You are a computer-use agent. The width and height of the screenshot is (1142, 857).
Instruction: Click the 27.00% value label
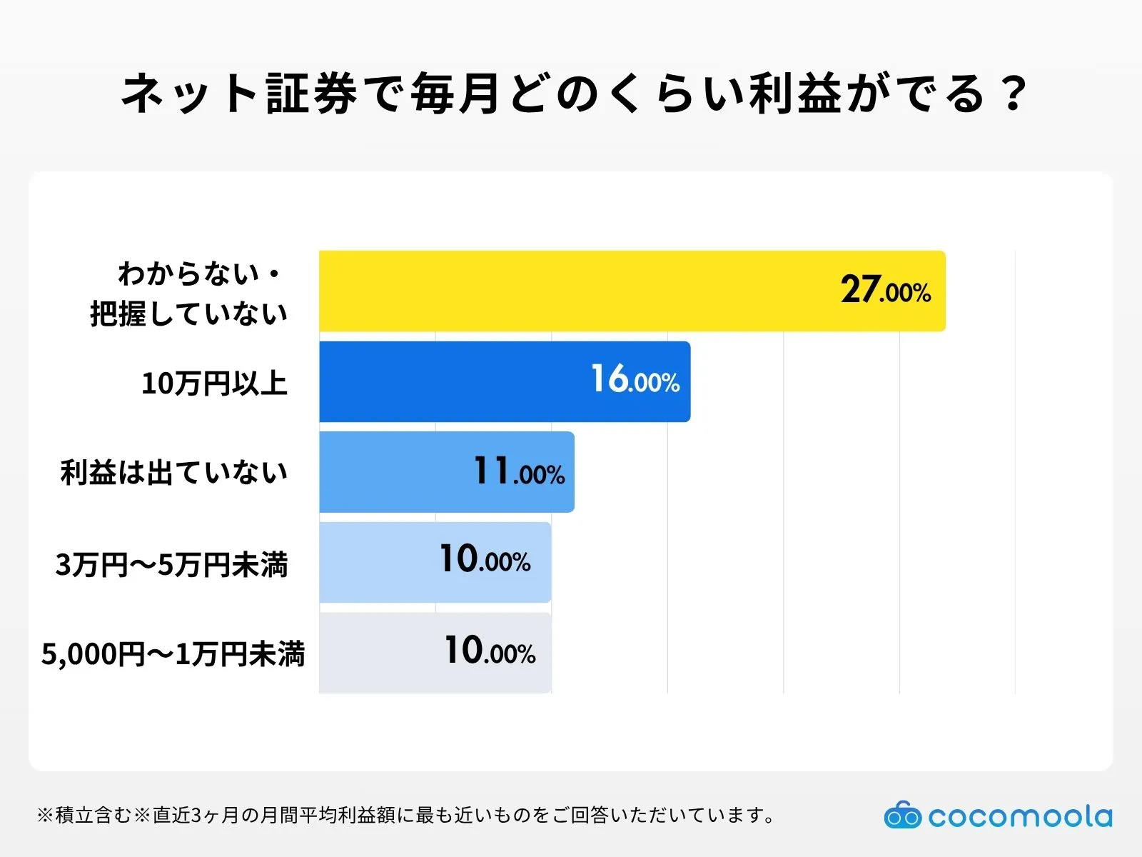[885, 291]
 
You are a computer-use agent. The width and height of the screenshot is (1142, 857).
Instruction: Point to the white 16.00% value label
[635, 380]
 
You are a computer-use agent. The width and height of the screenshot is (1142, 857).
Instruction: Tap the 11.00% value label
[519, 472]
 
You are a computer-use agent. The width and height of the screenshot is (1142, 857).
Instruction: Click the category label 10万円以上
[214, 384]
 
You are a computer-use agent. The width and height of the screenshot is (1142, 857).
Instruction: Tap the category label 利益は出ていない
[174, 473]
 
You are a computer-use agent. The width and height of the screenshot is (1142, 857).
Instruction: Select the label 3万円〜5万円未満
[172, 565]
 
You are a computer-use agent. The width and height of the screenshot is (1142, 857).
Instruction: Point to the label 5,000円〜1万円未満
[173, 654]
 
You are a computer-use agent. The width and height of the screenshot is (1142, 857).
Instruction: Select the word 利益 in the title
[796, 94]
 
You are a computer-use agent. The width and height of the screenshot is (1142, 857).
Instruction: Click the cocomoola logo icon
[902, 815]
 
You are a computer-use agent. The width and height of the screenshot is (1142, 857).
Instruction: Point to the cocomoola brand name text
[1020, 816]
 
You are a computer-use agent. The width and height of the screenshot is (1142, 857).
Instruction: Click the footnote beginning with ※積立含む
[407, 815]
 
